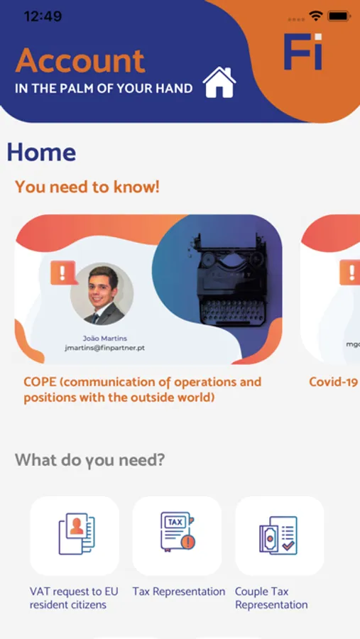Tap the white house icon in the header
tap(219, 82)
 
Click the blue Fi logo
tap(303, 51)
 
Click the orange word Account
tap(80, 61)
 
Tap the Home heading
tap(41, 152)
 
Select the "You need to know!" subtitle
tap(87, 187)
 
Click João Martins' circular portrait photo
tap(102, 294)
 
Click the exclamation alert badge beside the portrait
tap(63, 273)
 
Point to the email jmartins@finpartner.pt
tap(105, 348)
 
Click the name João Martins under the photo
tap(105, 338)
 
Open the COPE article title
tap(143, 390)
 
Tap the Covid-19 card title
tap(334, 382)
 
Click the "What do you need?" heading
tap(90, 461)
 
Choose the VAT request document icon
tap(77, 534)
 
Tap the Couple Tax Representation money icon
tap(278, 535)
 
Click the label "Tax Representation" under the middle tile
tap(178, 591)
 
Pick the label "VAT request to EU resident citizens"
tap(74, 598)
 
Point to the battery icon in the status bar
tap(339, 16)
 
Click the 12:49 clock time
tap(43, 16)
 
